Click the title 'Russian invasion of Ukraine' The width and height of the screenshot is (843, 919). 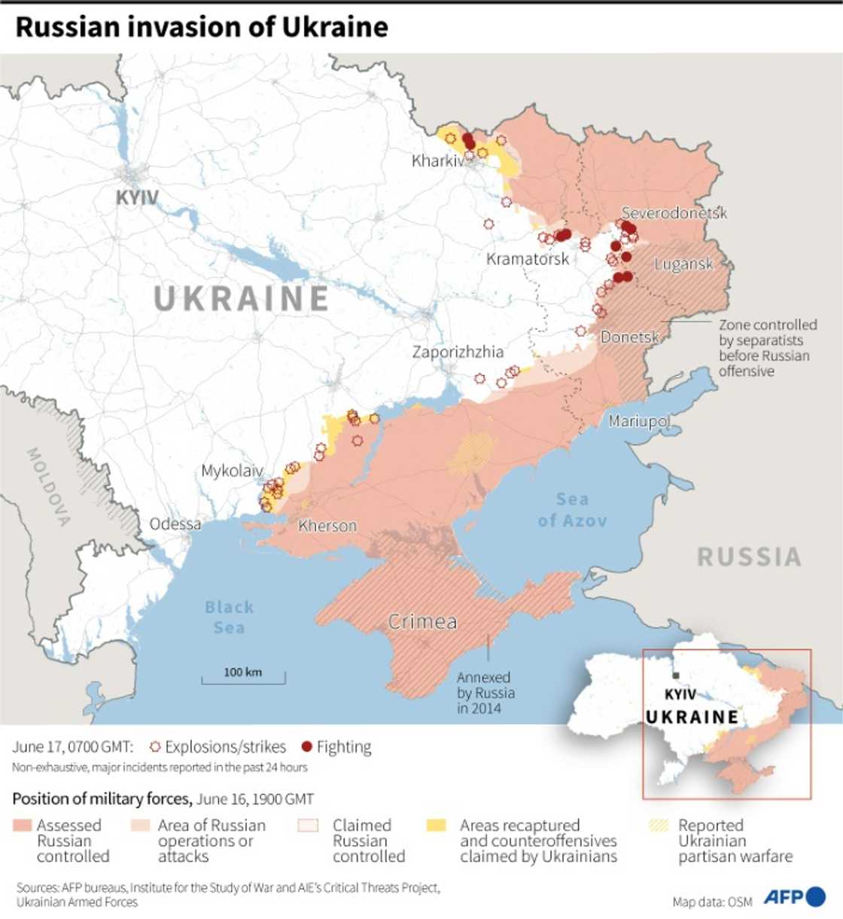pyautogui.click(x=202, y=27)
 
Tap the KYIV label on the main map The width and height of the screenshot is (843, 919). pyautogui.click(x=137, y=198)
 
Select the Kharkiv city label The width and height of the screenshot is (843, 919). pyautogui.click(x=437, y=160)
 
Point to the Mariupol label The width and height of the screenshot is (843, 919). pyautogui.click(x=639, y=420)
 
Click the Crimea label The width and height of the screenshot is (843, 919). pyautogui.click(x=422, y=621)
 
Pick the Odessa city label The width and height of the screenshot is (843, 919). pyautogui.click(x=175, y=524)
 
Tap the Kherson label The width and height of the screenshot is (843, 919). pyautogui.click(x=327, y=526)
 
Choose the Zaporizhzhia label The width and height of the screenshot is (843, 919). pyautogui.click(x=458, y=352)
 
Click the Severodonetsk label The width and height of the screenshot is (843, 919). pyautogui.click(x=674, y=213)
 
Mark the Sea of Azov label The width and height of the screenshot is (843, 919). pyautogui.click(x=572, y=510)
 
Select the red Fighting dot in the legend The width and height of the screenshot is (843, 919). pyautogui.click(x=306, y=746)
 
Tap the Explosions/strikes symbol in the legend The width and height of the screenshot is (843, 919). pyautogui.click(x=155, y=746)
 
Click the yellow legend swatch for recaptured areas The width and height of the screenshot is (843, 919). pyautogui.click(x=437, y=826)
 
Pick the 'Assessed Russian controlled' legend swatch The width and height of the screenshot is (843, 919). pyautogui.click(x=23, y=826)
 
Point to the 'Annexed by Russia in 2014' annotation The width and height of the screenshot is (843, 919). pyautogui.click(x=485, y=692)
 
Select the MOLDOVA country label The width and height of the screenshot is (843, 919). pyautogui.click(x=49, y=487)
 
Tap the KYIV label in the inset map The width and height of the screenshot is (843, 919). pyautogui.click(x=680, y=694)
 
